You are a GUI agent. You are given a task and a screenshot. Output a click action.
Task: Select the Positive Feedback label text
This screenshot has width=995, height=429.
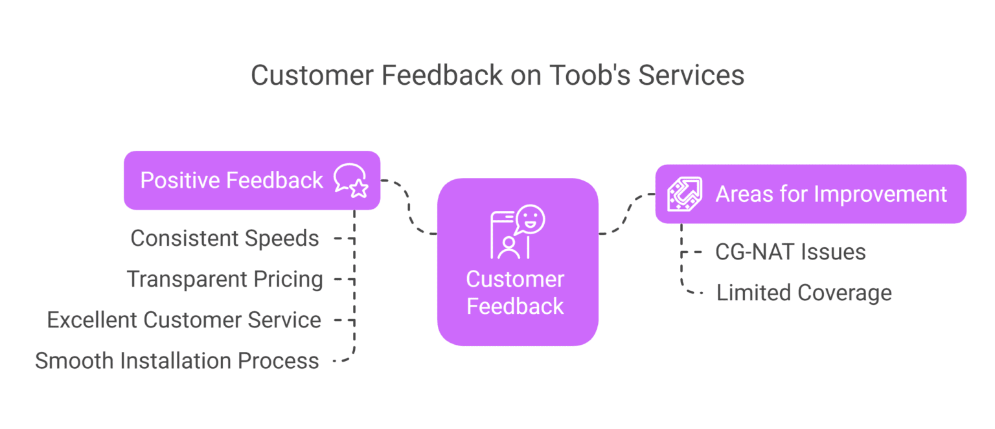coord(231,180)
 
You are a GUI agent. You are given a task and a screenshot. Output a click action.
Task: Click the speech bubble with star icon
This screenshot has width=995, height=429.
coord(350,180)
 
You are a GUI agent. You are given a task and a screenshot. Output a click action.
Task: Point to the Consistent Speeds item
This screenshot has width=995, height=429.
coord(225,238)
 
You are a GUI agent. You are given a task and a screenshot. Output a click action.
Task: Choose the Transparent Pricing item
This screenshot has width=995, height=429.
coord(225,279)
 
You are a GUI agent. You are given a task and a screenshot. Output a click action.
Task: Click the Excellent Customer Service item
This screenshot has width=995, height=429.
coord(184,320)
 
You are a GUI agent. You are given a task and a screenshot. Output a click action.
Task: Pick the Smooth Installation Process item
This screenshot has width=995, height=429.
coord(177,360)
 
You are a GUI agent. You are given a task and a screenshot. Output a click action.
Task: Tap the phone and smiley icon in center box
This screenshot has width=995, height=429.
coord(517,232)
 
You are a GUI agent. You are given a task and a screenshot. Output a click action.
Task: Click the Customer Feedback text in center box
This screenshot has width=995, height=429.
coord(516,292)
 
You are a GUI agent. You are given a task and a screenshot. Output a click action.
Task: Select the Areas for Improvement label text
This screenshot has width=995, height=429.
coord(831,193)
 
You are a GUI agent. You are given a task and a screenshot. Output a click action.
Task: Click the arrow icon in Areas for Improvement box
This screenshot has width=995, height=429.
coord(684,193)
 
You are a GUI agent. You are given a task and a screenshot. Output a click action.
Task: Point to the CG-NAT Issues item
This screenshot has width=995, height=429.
coord(790,252)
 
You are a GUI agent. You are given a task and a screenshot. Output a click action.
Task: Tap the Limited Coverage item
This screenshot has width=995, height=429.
coord(804,292)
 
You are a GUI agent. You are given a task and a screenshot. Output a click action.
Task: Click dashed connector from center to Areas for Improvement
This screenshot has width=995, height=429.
coord(626,214)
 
